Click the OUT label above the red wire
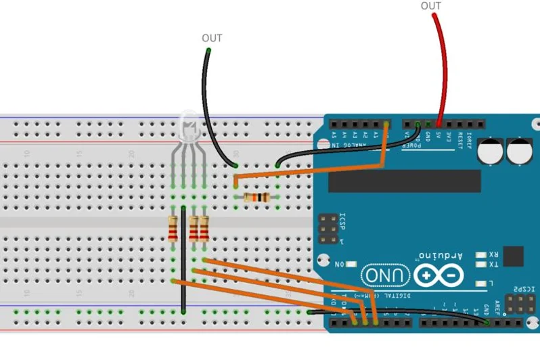point(431,6)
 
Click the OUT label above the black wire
point(212,39)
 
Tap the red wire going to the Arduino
point(444,68)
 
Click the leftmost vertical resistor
point(173,229)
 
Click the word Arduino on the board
point(441,256)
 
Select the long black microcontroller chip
point(404,181)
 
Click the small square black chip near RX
point(513,256)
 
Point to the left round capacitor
point(491,151)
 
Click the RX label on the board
point(493,255)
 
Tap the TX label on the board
point(493,265)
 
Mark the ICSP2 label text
point(525,290)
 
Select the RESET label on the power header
point(460,140)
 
